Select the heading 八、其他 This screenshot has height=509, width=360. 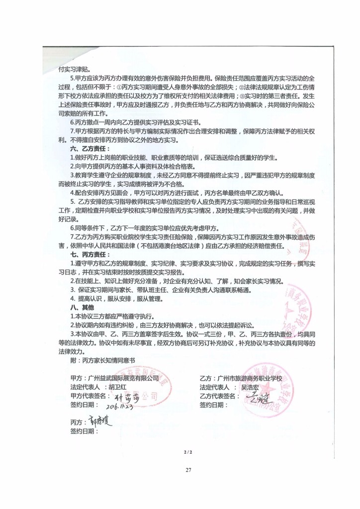tap(82, 307)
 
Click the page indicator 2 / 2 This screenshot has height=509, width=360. tap(187, 451)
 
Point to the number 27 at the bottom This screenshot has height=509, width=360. tap(187, 469)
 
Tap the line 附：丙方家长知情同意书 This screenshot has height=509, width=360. tap(103, 358)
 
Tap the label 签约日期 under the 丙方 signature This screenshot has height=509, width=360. tap(85, 431)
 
